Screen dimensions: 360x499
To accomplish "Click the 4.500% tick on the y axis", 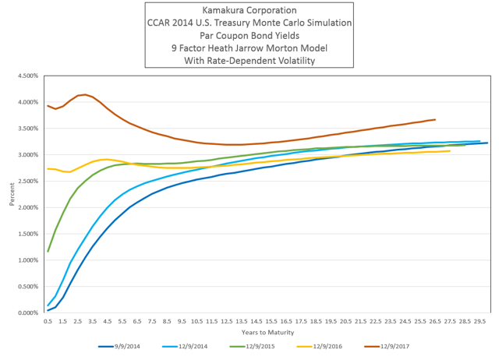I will (26, 76).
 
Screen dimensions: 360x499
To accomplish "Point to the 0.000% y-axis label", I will (26, 312).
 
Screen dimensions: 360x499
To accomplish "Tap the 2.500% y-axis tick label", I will (26, 181).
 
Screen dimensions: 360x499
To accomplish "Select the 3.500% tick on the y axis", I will (26, 129).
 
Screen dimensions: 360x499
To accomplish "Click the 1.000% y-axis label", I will (26, 260).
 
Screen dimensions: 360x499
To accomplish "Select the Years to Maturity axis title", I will (266, 332).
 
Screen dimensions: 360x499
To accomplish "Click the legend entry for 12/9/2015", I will (258, 347).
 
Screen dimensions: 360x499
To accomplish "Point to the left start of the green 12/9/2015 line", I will (48, 251).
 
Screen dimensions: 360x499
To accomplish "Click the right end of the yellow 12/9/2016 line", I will (450, 151).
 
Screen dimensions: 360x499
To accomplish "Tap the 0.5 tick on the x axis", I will (48, 319).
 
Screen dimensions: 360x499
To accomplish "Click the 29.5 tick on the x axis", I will (481, 319).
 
